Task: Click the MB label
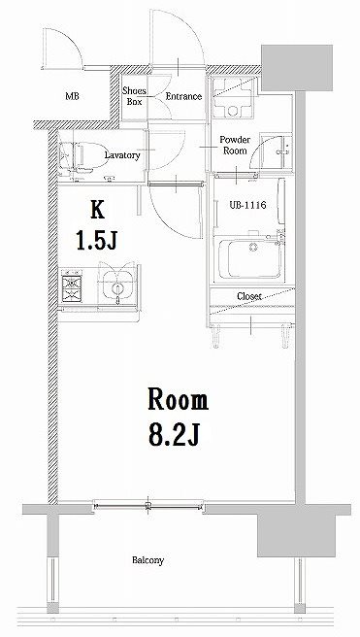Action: click(x=72, y=96)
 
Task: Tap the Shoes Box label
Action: click(x=134, y=96)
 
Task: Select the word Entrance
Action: click(x=183, y=96)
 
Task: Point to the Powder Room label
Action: click(x=235, y=145)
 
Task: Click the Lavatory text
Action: click(x=122, y=154)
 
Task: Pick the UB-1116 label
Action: click(x=247, y=205)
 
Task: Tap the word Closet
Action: click(x=249, y=296)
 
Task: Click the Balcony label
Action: click(x=148, y=560)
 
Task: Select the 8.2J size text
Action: click(x=175, y=435)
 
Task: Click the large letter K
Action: click(x=97, y=210)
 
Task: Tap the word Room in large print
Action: click(x=178, y=399)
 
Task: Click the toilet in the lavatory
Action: click(x=83, y=157)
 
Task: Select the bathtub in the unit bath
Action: click(x=250, y=258)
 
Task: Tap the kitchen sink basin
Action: click(x=117, y=285)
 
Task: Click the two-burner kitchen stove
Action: click(x=72, y=288)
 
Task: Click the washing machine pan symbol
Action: click(x=234, y=96)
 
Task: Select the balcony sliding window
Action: click(x=148, y=506)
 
